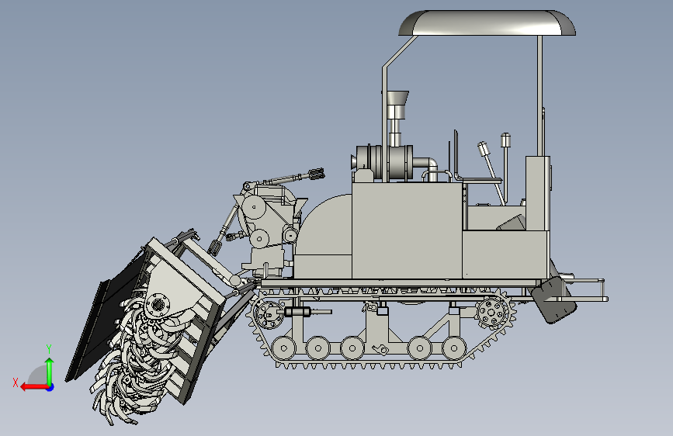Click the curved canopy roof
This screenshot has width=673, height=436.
[x=487, y=22]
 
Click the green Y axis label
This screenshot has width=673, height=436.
[x=49, y=349]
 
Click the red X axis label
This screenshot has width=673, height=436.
[x=16, y=382]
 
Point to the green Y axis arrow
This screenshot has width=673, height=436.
[x=50, y=372]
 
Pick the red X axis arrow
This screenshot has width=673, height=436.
[x=34, y=387]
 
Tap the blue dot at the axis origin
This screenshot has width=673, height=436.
[x=50, y=387]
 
